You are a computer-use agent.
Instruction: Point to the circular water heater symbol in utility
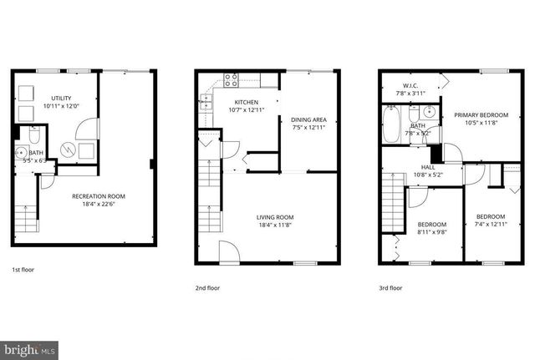(66, 150)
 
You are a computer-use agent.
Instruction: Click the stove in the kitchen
(231, 81)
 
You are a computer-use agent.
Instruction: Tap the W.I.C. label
(410, 84)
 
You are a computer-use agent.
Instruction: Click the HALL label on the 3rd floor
(428, 167)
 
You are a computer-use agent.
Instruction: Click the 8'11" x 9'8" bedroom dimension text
(433, 232)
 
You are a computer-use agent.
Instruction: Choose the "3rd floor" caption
(390, 287)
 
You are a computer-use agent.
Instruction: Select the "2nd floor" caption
(207, 287)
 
